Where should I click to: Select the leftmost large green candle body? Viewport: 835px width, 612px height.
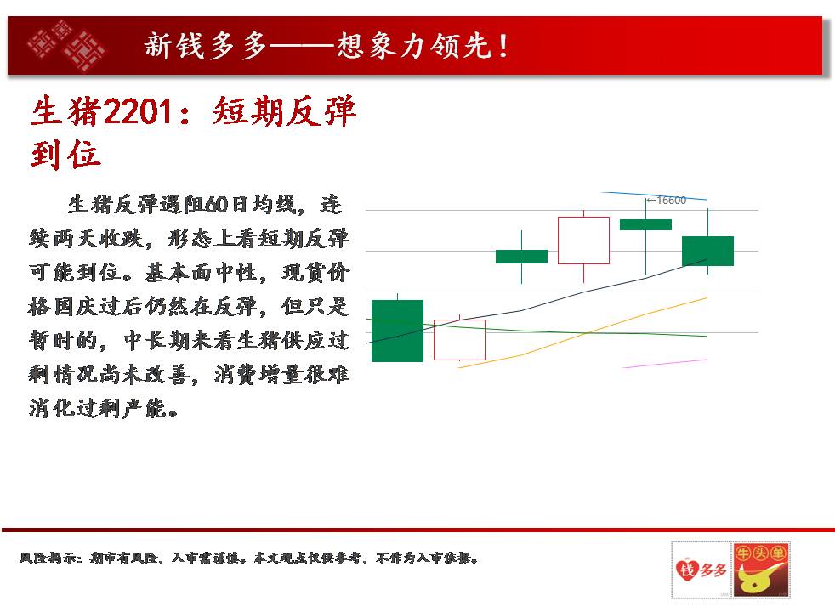pos(397,331)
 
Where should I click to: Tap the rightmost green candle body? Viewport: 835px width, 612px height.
pos(707,252)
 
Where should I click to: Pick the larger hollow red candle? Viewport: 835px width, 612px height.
pos(583,241)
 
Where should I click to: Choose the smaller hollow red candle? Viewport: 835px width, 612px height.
pos(459,320)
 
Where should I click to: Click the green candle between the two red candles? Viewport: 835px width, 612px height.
pos(521,257)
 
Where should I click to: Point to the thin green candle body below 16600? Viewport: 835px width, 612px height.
pos(645,224)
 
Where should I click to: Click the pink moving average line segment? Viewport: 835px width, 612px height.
pos(665,364)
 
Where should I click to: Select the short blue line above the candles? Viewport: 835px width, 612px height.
pos(655,195)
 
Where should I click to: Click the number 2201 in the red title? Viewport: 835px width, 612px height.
pos(138,112)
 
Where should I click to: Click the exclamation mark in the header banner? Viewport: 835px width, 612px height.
pos(503,46)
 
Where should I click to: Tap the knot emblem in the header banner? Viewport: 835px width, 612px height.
pos(66,46)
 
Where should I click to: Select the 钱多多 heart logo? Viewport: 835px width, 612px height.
pos(701,570)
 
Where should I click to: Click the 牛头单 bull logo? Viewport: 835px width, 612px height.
pos(761,570)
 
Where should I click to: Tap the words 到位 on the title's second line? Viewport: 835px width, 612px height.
pos(65,155)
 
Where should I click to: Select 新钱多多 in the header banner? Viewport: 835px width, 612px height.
pos(206,46)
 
